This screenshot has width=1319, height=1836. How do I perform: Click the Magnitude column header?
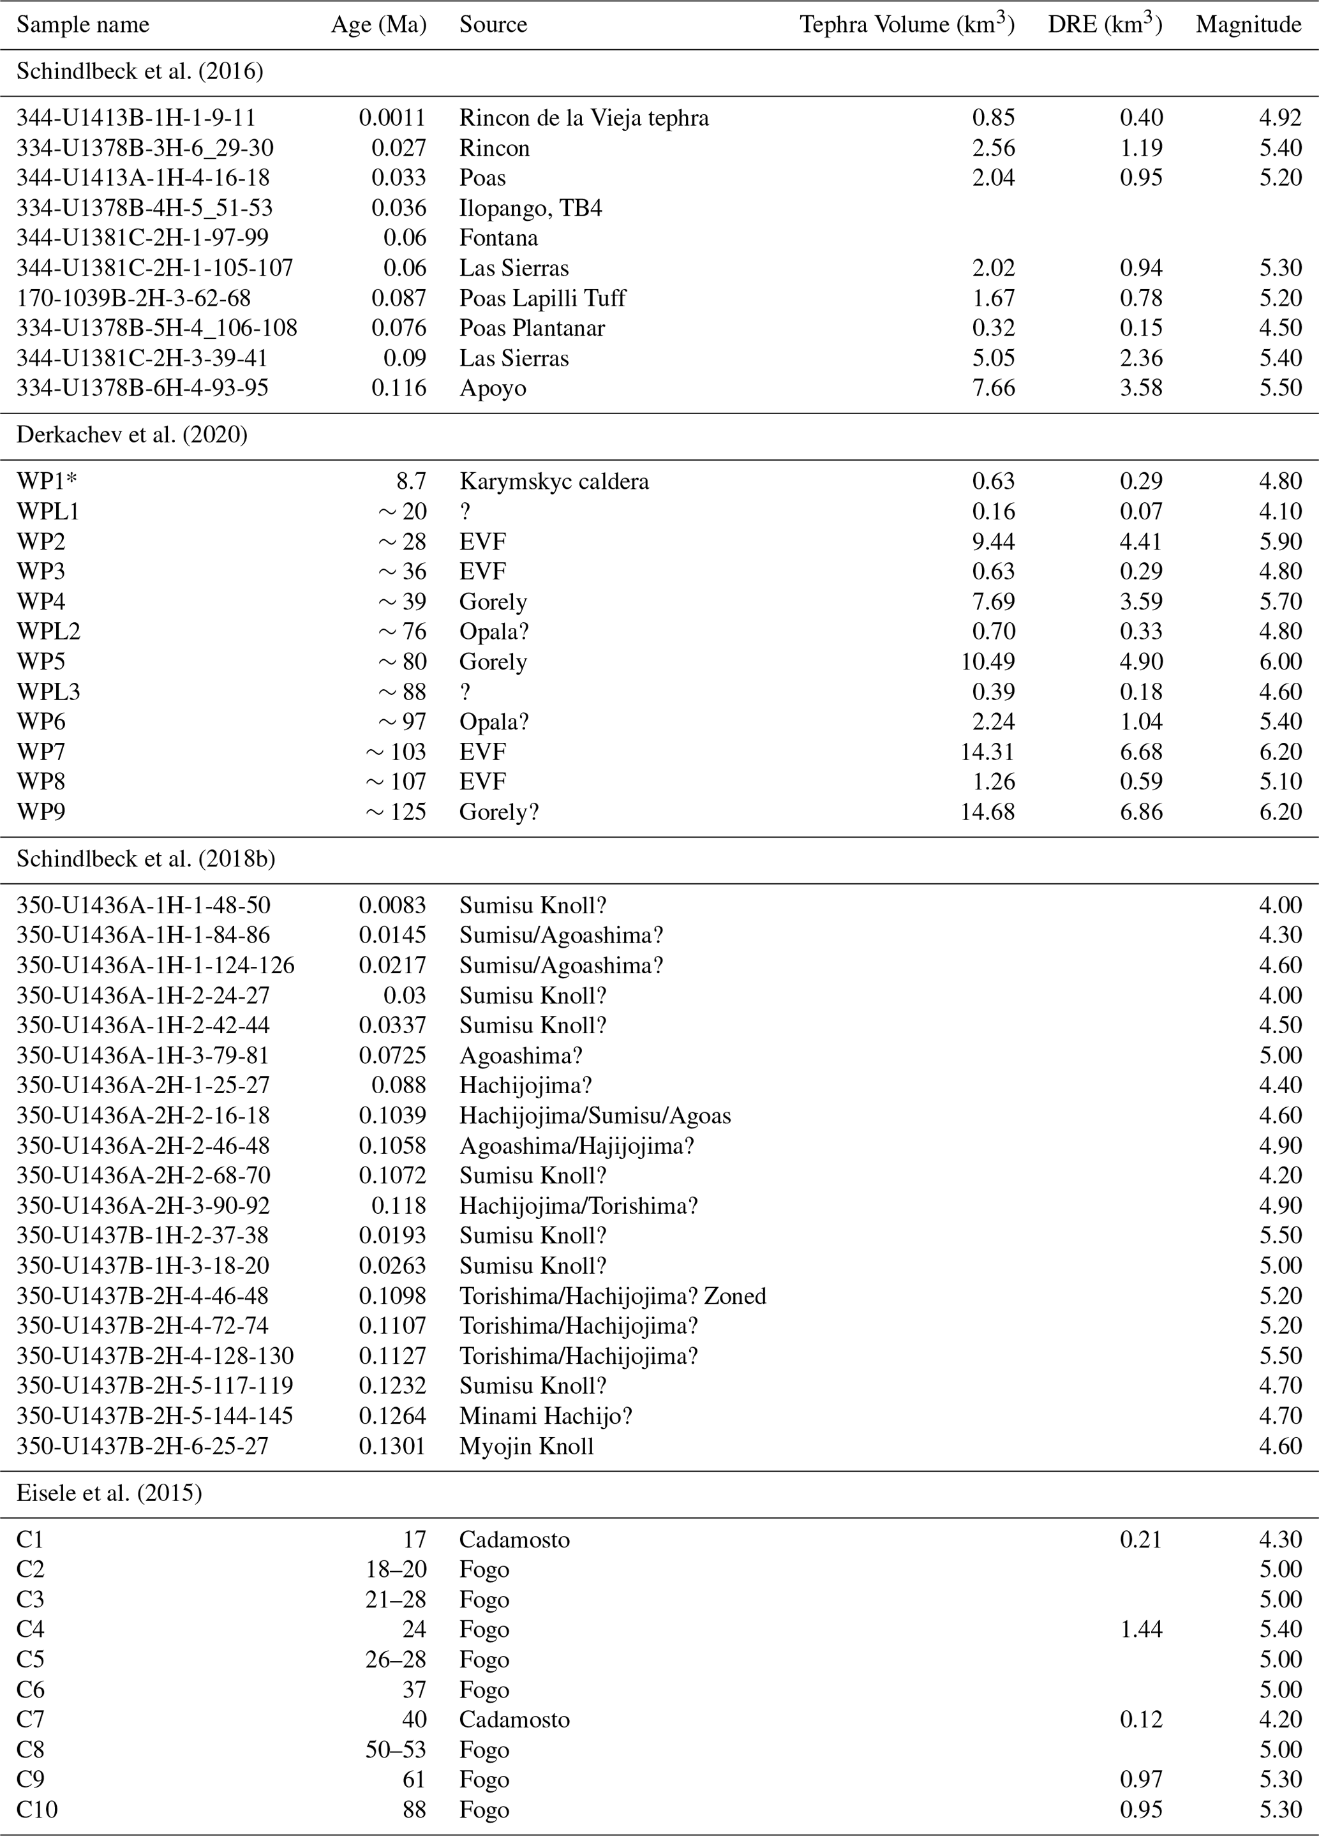(1248, 25)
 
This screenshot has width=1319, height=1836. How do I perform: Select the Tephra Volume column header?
(906, 25)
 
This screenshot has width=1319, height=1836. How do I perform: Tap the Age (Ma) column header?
(378, 25)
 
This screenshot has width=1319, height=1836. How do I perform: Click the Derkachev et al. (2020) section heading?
(132, 435)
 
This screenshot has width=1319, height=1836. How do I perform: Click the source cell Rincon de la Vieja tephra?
(584, 118)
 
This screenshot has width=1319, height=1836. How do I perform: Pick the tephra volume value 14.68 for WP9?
(987, 812)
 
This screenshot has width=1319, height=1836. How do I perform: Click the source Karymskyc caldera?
(554, 481)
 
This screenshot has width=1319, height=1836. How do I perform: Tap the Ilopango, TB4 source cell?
(530, 208)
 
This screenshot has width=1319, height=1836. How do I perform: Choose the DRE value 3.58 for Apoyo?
(1141, 389)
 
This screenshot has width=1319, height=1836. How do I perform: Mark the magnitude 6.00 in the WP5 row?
(1279, 661)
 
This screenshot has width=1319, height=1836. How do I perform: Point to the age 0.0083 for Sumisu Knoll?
(392, 905)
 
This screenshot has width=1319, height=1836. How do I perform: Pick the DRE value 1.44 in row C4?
(1141, 1629)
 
